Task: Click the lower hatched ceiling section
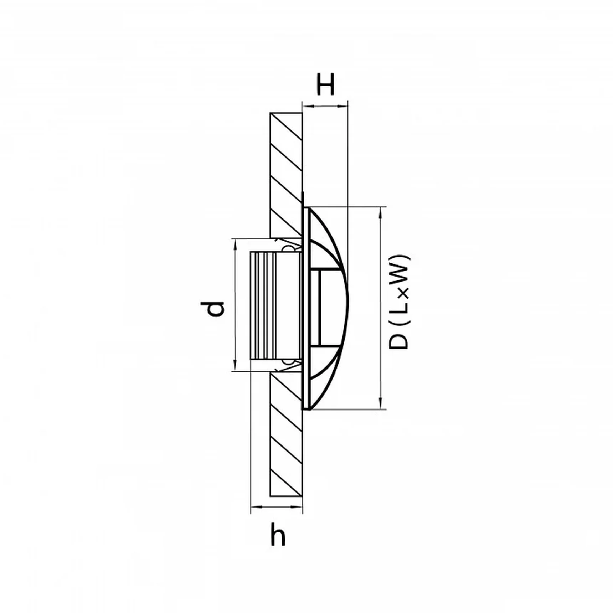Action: pos(286,435)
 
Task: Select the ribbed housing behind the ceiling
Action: pos(263,305)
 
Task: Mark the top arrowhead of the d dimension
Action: pos(235,244)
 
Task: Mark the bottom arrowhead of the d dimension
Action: pos(235,366)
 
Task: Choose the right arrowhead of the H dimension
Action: pos(342,105)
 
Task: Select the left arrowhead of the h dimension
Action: pos(256,506)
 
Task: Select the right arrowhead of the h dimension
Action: pos(298,506)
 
